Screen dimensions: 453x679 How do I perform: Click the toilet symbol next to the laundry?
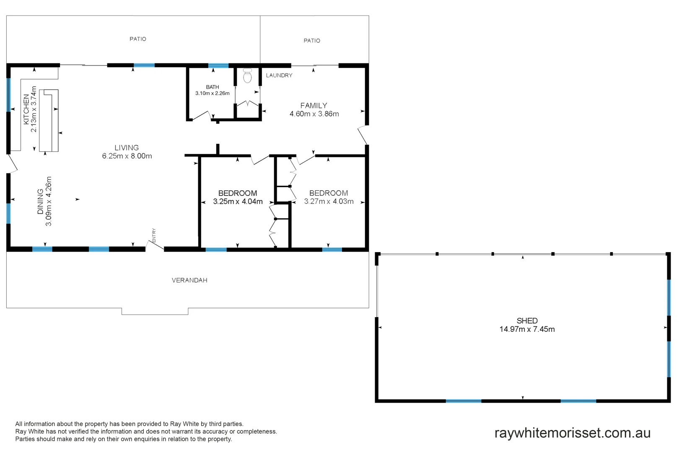coord(247,76)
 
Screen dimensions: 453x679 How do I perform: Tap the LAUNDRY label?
coord(279,75)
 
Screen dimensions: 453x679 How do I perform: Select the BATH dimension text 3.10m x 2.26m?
coord(213,93)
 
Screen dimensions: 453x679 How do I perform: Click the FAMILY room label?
coord(314,106)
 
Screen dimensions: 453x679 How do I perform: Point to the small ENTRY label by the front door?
coord(154,236)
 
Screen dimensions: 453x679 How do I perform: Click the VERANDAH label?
coord(189,280)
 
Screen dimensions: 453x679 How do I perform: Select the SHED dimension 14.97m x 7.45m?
coord(527,329)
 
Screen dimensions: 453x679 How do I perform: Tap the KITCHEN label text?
coord(26,109)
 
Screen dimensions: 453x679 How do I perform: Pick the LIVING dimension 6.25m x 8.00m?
coord(127,156)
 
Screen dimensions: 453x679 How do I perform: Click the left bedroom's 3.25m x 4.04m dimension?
coord(238,201)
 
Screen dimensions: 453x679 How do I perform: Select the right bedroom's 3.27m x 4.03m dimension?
coord(329,201)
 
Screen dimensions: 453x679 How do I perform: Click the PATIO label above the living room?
coord(138,39)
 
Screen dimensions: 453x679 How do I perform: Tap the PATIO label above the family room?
coord(312,41)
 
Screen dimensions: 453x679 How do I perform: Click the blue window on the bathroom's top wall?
coord(218,65)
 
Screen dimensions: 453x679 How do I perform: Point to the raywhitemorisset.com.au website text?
coord(573,433)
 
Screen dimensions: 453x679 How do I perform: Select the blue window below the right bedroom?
coord(332,250)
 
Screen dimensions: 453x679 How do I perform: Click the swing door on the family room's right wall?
coord(363,135)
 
